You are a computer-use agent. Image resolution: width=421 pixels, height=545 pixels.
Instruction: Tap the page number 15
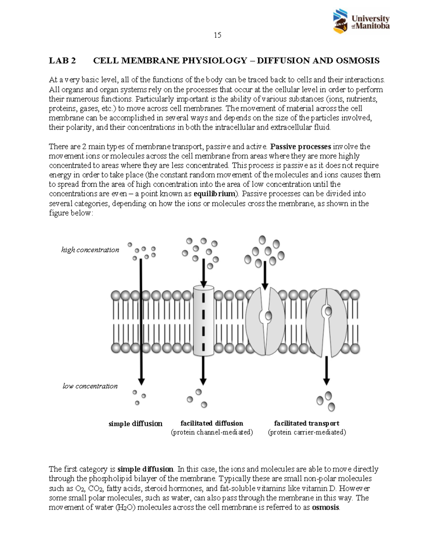217,35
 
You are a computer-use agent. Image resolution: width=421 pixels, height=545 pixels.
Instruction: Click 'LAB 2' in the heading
62,61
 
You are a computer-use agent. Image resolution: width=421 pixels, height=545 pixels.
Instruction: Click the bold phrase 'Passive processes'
301,146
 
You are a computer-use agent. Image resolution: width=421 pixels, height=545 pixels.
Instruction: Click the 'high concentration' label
90,250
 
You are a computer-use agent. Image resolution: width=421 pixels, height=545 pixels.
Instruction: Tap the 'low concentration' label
90,386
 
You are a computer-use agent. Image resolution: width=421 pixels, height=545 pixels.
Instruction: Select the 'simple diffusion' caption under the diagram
135,424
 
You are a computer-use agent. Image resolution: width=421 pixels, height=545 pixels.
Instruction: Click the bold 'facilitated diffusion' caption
212,423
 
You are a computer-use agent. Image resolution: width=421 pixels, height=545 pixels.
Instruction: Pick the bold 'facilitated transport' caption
307,423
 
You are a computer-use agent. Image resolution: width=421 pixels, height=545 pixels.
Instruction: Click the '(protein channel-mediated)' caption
212,432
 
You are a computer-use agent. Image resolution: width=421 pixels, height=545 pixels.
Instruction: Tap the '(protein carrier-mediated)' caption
307,432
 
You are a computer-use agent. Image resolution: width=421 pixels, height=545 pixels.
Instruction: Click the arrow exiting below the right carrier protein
326,370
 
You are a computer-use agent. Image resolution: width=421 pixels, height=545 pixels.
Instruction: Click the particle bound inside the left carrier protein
268,315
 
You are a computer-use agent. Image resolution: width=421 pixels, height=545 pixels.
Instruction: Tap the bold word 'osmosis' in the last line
326,507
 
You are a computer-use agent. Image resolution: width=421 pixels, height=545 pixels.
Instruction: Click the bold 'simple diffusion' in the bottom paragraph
145,469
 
